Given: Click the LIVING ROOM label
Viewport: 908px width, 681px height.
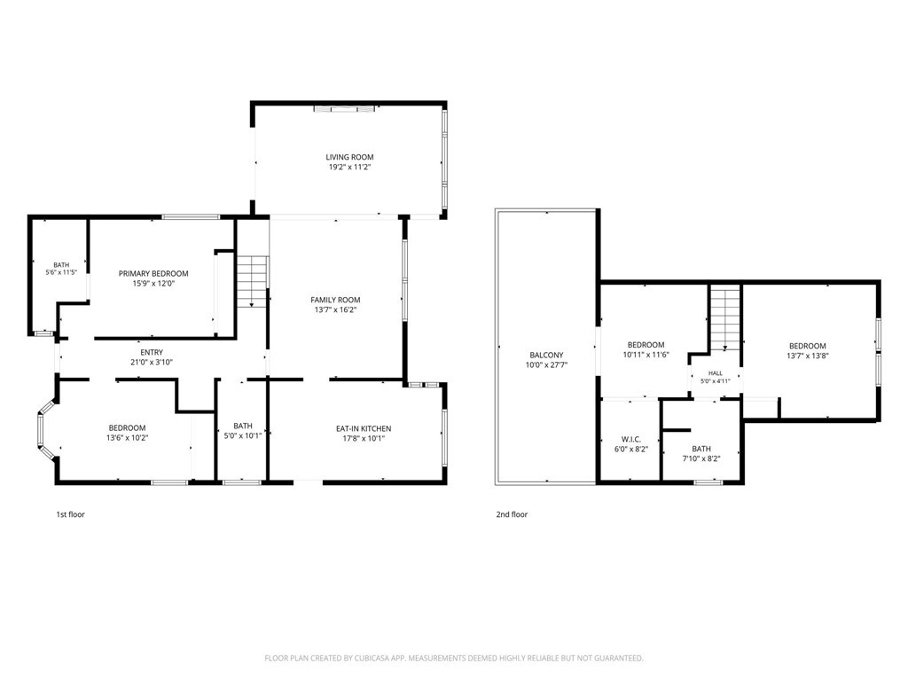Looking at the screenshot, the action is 349,157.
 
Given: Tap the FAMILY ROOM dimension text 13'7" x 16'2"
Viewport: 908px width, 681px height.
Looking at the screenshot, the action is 335,309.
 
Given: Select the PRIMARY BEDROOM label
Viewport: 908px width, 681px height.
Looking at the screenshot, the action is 153,273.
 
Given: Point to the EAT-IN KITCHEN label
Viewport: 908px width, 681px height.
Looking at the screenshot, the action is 364,428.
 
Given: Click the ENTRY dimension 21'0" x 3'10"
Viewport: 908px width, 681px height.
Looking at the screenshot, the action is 152,363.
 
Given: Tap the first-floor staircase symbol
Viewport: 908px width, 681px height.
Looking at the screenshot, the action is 253,281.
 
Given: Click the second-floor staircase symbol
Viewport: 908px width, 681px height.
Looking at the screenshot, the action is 725,319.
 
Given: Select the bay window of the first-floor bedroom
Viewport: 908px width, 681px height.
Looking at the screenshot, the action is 46,429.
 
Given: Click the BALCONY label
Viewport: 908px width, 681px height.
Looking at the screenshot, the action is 546,355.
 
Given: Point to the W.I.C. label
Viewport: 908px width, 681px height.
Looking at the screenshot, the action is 631,439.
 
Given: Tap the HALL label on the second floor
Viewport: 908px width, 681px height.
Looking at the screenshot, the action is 716,373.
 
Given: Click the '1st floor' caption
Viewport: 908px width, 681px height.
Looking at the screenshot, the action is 70,514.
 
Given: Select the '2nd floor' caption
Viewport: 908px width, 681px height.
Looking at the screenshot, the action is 512,514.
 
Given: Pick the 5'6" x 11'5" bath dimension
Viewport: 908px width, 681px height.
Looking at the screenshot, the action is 61,272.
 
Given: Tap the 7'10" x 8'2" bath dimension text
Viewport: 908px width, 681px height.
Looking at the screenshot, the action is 701,458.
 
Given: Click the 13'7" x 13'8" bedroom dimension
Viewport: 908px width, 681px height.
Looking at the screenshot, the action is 807,356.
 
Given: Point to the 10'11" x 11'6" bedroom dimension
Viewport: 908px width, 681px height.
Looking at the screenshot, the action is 646,355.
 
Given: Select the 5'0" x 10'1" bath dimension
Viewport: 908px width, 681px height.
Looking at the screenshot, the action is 243,436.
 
